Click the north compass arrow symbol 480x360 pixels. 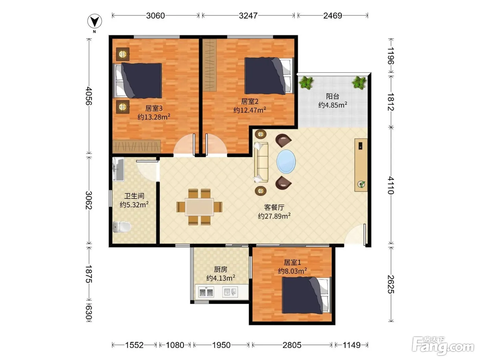tap(95, 21)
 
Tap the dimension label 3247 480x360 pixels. tap(248, 15)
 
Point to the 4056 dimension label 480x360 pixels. tap(88, 96)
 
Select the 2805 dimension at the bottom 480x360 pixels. tap(292, 345)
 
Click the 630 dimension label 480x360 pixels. tap(88, 313)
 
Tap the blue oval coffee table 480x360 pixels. tap(286, 161)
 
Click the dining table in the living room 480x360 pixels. tap(199, 207)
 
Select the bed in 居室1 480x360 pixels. tap(307, 295)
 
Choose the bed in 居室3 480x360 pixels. tap(137, 81)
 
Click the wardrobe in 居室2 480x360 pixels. tap(209, 65)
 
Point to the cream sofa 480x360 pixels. tap(261, 162)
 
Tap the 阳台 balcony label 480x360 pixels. tap(332, 96)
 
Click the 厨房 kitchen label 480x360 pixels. tap(220, 269)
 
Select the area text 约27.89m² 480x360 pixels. tap(274, 216)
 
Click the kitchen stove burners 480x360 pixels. tap(206, 292)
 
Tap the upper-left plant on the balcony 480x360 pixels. tap(307, 83)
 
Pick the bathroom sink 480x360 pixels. tap(118, 169)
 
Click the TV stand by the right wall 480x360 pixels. tap(361, 165)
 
